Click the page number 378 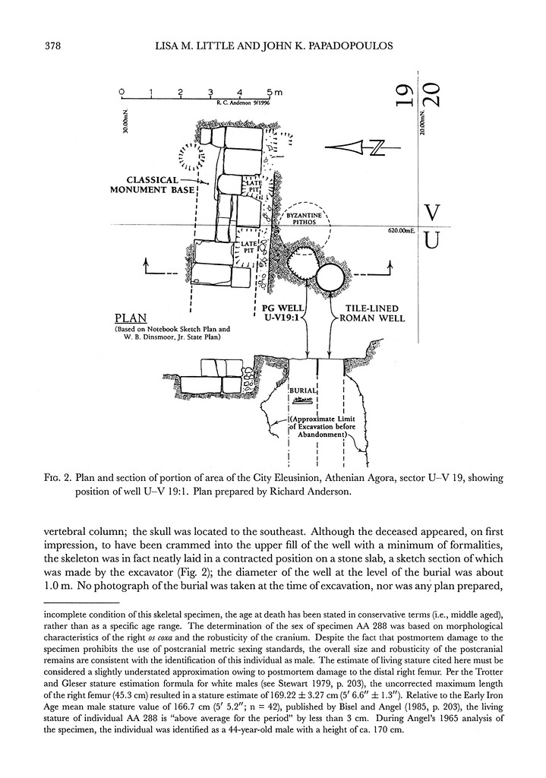[x=52, y=46]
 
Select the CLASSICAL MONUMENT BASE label [x=153, y=185]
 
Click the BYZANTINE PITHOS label [x=304, y=219]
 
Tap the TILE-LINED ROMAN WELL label [x=372, y=313]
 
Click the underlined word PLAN [x=131, y=318]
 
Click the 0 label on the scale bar [x=122, y=92]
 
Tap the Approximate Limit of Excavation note [x=323, y=426]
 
